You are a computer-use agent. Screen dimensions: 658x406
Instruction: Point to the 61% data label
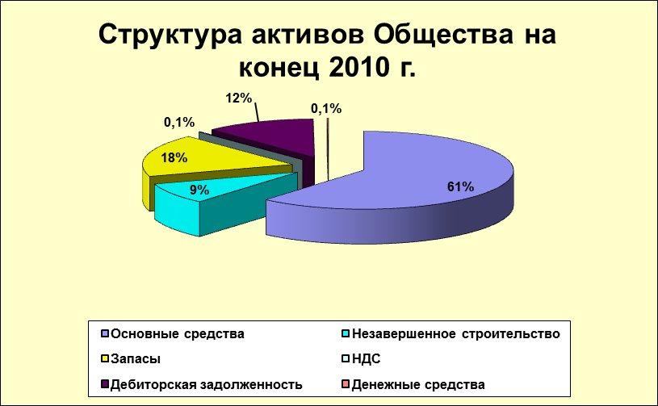pyautogui.click(x=460, y=186)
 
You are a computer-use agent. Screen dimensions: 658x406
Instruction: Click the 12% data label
pyautogui.click(x=239, y=98)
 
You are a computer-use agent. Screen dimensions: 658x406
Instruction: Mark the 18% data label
pyautogui.click(x=174, y=157)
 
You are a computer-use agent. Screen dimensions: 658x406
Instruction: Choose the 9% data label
pyautogui.click(x=199, y=190)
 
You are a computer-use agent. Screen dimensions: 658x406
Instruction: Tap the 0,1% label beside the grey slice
pyautogui.click(x=179, y=123)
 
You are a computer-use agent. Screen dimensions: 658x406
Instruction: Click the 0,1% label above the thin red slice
pyautogui.click(x=326, y=109)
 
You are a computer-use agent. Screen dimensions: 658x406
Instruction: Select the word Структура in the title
pyautogui.click(x=170, y=35)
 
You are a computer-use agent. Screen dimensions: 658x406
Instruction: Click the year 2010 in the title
pyautogui.click(x=358, y=67)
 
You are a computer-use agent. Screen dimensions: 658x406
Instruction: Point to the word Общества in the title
pyautogui.click(x=443, y=34)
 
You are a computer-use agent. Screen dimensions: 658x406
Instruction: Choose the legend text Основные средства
pyautogui.click(x=178, y=334)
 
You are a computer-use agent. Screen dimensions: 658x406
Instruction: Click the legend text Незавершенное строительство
pyautogui.click(x=455, y=334)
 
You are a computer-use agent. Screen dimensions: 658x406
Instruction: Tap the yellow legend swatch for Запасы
pyautogui.click(x=105, y=359)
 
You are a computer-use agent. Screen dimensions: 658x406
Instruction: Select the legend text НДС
pyautogui.click(x=366, y=359)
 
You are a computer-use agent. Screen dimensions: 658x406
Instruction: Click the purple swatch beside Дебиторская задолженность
pyautogui.click(x=105, y=384)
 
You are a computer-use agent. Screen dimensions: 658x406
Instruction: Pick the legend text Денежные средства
pyautogui.click(x=418, y=384)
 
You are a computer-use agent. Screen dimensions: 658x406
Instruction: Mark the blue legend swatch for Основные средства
pyautogui.click(x=105, y=334)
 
